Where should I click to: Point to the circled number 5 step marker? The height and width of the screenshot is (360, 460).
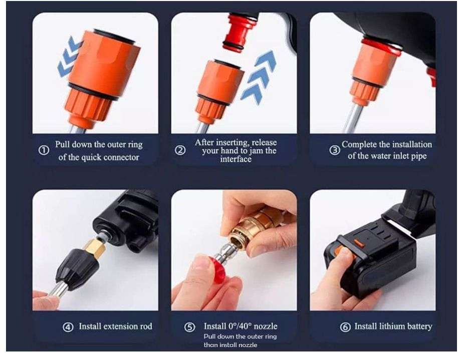[x=189, y=327]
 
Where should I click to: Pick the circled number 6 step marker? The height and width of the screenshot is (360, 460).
[x=345, y=327]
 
